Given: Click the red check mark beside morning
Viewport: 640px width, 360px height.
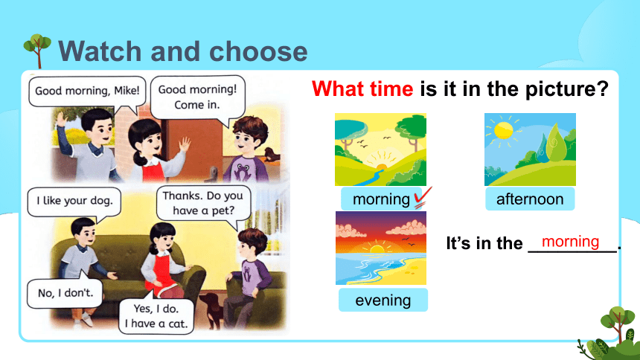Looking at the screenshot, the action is click(423, 198).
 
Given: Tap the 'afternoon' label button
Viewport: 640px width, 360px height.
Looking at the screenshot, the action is click(530, 199).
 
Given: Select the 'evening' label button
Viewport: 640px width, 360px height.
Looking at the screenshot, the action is click(383, 300).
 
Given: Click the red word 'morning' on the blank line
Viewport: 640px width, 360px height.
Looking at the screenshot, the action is click(570, 242).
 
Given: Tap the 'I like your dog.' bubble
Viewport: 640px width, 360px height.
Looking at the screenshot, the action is click(74, 202).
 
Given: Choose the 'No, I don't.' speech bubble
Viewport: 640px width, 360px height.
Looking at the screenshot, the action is click(65, 292).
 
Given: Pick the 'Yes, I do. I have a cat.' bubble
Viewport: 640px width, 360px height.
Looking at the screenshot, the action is click(156, 315).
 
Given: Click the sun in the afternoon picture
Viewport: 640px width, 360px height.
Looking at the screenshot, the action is click(503, 131).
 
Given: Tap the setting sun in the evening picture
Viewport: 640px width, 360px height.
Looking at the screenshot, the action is click(376, 248).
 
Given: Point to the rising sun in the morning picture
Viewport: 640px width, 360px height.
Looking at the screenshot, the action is click(381, 166).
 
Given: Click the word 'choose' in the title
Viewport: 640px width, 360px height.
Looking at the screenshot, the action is click(258, 51).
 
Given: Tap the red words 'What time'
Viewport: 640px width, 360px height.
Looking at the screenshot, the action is click(362, 89).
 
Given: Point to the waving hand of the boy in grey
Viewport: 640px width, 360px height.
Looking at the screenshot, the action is click(62, 119).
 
